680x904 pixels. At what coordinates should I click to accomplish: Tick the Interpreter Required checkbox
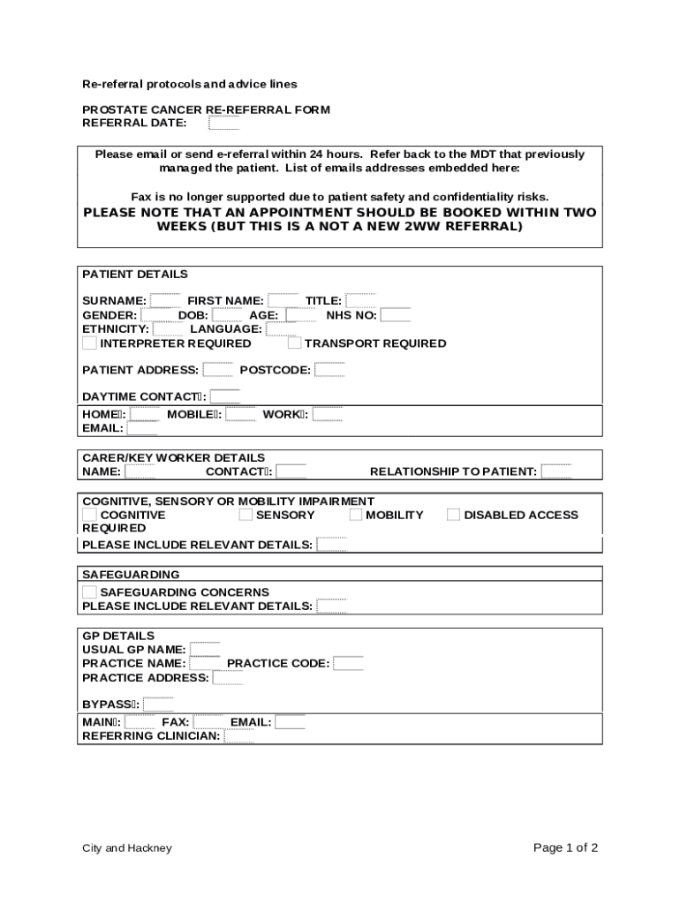89,343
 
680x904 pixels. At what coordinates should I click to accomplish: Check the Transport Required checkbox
294,343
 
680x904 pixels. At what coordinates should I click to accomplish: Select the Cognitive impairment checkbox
89,515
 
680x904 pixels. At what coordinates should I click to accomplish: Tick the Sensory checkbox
246,515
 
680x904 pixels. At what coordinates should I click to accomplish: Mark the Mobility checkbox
356,515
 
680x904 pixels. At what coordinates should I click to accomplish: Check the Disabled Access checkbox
453,515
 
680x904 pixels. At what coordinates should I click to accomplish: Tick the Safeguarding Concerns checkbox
89,591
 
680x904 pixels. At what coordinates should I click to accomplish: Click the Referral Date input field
223,123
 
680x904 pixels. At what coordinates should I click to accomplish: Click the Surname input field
165,301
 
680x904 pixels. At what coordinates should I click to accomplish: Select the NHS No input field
396,315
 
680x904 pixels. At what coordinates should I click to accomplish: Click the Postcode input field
329,370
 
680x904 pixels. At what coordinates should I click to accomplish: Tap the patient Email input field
142,428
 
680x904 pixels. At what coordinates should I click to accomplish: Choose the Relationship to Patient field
556,471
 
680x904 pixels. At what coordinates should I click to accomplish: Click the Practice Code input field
348,663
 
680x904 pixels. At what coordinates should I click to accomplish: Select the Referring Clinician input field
238,735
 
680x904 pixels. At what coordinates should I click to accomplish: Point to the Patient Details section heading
135,275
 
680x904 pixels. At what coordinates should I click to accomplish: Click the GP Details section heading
118,636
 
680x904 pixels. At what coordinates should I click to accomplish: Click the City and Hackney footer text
127,848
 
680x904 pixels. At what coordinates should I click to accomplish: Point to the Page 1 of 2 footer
565,848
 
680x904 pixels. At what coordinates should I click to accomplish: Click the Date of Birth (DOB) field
227,315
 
